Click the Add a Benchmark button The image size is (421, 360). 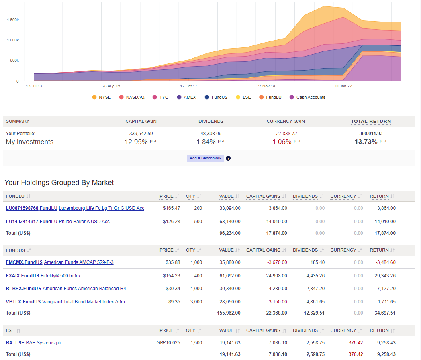point(205,158)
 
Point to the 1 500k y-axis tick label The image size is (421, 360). point(13,20)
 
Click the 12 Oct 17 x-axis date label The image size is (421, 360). point(188,86)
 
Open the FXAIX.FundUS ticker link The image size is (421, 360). point(22,276)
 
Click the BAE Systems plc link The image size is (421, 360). point(44,343)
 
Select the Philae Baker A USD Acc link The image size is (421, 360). point(84,222)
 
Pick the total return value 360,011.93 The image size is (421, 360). point(371,134)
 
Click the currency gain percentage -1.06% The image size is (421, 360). point(280,142)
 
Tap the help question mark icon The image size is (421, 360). point(228,158)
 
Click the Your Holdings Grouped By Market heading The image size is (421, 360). point(59,183)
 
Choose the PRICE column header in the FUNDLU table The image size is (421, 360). point(166,196)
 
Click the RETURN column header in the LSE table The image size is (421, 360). point(379,330)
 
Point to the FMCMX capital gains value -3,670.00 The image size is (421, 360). point(277,262)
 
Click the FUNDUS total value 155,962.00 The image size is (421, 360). point(230,313)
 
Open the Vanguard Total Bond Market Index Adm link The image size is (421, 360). point(83,302)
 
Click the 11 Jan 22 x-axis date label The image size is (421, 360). point(343,86)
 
